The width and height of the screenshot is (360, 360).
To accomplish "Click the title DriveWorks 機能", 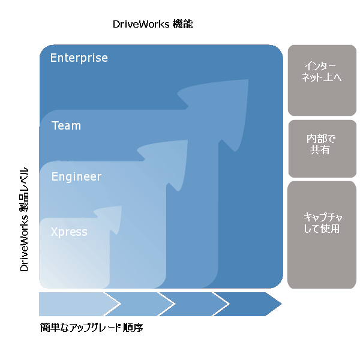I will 152,25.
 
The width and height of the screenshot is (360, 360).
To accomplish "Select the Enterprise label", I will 79,58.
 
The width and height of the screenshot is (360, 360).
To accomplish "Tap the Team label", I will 66,126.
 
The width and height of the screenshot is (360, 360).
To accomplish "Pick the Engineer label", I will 76,177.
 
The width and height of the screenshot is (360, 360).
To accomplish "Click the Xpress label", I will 69,232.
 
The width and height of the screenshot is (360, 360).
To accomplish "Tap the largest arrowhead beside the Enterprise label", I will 222,102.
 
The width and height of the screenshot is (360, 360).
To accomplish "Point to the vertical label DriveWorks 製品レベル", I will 25,219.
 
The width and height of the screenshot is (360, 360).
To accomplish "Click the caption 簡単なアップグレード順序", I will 91,328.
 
